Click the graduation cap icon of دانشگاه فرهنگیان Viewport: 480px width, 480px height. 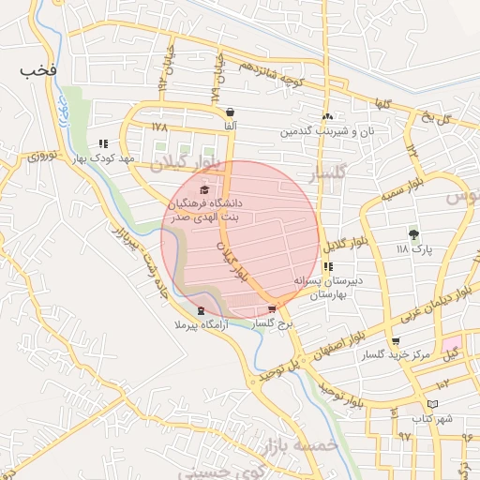[204, 190]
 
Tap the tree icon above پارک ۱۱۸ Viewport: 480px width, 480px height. [412, 234]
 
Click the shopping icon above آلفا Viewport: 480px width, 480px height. [230, 112]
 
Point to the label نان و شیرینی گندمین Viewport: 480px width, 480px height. [326, 131]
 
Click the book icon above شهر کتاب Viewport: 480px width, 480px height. [431, 404]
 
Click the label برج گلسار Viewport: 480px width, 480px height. [272, 322]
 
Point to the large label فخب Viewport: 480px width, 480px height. [38, 71]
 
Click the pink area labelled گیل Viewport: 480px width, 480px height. [451, 350]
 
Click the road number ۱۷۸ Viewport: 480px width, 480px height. [157, 126]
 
